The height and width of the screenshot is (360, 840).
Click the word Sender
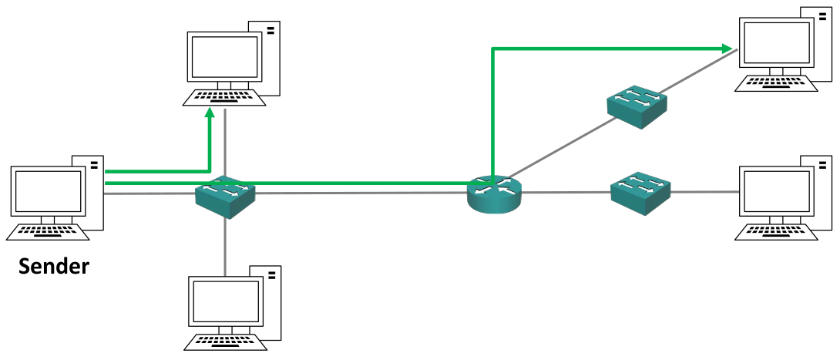[54, 267]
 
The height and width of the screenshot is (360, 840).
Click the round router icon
[494, 193]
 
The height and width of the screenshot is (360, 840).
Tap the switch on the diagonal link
[637, 106]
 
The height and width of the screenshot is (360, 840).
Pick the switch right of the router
[640, 192]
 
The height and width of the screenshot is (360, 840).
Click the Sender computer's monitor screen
[49, 193]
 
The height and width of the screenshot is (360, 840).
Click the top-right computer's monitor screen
[776, 44]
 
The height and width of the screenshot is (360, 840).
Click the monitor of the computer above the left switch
[223, 57]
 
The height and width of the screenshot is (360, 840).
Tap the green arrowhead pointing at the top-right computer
[727, 49]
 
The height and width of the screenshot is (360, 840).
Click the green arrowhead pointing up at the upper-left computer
[209, 113]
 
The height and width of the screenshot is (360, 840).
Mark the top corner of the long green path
[492, 49]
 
